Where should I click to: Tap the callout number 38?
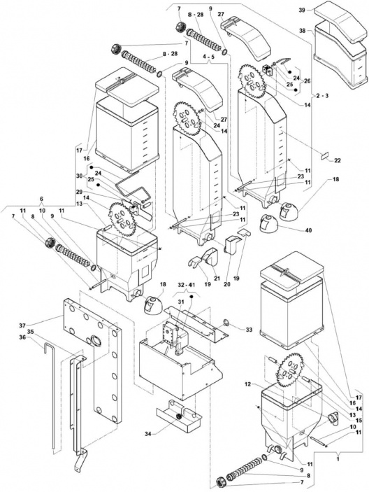[302, 31]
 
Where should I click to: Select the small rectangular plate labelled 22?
[324, 155]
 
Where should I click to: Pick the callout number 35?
[30, 331]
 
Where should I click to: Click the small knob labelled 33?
[226, 322]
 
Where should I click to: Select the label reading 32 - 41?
[186, 286]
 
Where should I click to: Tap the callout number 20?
[228, 284]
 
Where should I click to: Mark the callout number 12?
[247, 384]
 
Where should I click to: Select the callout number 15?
[359, 420]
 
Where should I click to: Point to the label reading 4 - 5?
[209, 57]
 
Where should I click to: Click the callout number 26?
[307, 80]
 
